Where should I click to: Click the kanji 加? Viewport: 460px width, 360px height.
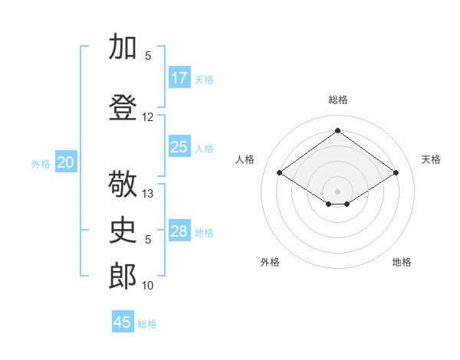click(x=123, y=46)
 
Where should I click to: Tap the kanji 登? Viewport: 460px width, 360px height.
click(x=123, y=107)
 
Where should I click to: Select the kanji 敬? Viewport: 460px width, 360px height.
click(x=123, y=184)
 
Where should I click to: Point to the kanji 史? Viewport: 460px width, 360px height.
click(x=123, y=230)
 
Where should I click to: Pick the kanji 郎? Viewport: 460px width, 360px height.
click(x=123, y=276)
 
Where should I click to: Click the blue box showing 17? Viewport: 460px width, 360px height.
click(x=179, y=77)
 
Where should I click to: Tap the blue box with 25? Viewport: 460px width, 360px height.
click(x=179, y=146)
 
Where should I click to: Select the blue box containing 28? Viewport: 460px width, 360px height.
click(x=179, y=230)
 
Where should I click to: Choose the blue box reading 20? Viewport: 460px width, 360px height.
click(x=66, y=162)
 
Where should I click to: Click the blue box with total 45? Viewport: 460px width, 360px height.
click(x=123, y=321)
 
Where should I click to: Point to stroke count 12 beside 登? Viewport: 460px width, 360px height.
click(x=147, y=117)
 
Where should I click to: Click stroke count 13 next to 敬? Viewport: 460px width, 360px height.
click(x=147, y=194)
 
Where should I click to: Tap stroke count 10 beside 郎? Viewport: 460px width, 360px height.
click(x=147, y=286)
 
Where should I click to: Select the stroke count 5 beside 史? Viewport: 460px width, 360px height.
click(x=148, y=240)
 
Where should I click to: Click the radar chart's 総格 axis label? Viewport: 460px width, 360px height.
click(x=338, y=100)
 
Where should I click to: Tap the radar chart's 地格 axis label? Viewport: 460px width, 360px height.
click(x=402, y=262)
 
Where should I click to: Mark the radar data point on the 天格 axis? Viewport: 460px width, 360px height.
click(x=396, y=172)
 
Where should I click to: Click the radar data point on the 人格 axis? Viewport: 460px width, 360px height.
click(x=280, y=172)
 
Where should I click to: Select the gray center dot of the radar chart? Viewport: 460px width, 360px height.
click(x=337, y=191)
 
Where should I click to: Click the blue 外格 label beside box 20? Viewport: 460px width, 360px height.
click(x=41, y=164)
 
